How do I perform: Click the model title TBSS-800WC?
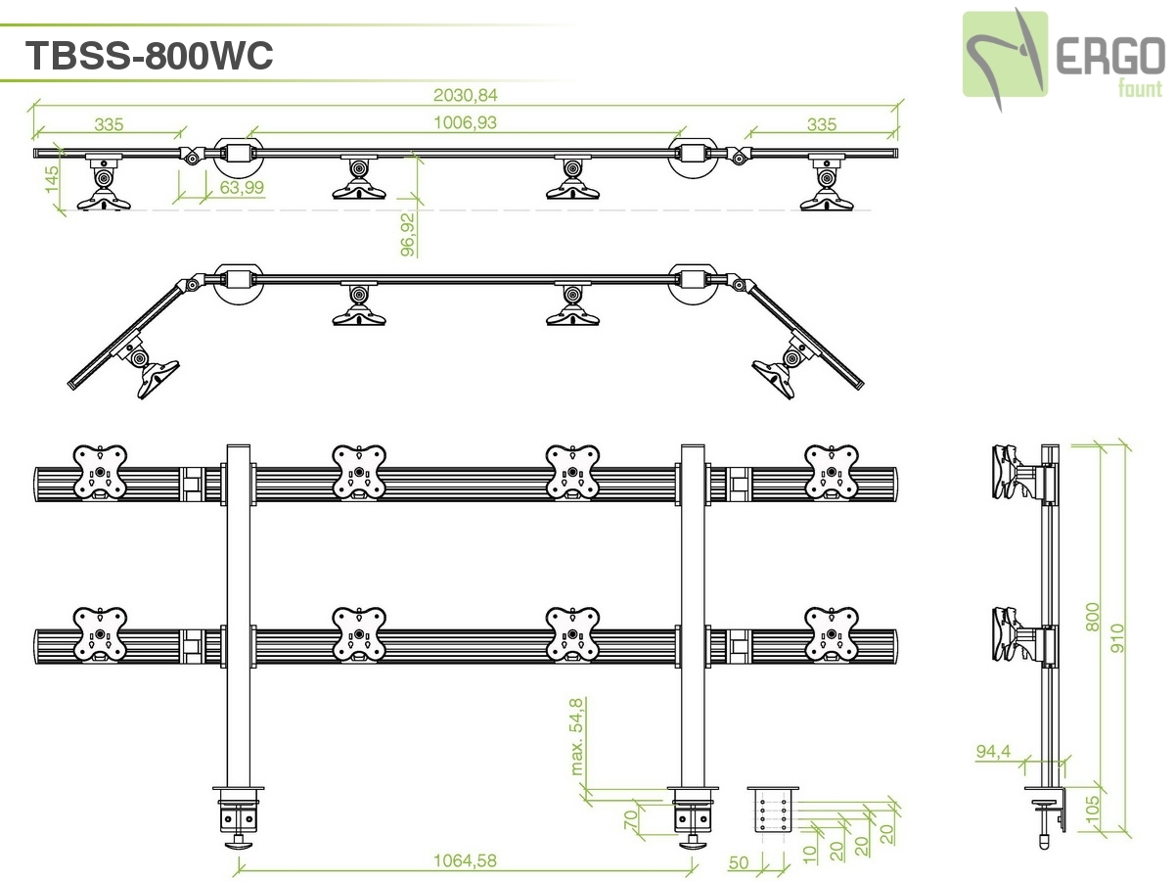pos(149,56)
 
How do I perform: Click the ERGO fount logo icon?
pos(1005,55)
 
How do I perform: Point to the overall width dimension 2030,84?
pos(466,96)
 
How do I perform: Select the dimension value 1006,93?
pos(466,122)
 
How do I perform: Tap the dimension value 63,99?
pos(241,187)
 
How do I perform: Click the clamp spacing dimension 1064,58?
pos(466,861)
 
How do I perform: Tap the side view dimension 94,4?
pos(993,752)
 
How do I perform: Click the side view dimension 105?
pos(1094,811)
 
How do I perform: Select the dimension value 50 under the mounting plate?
pos(740,862)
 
